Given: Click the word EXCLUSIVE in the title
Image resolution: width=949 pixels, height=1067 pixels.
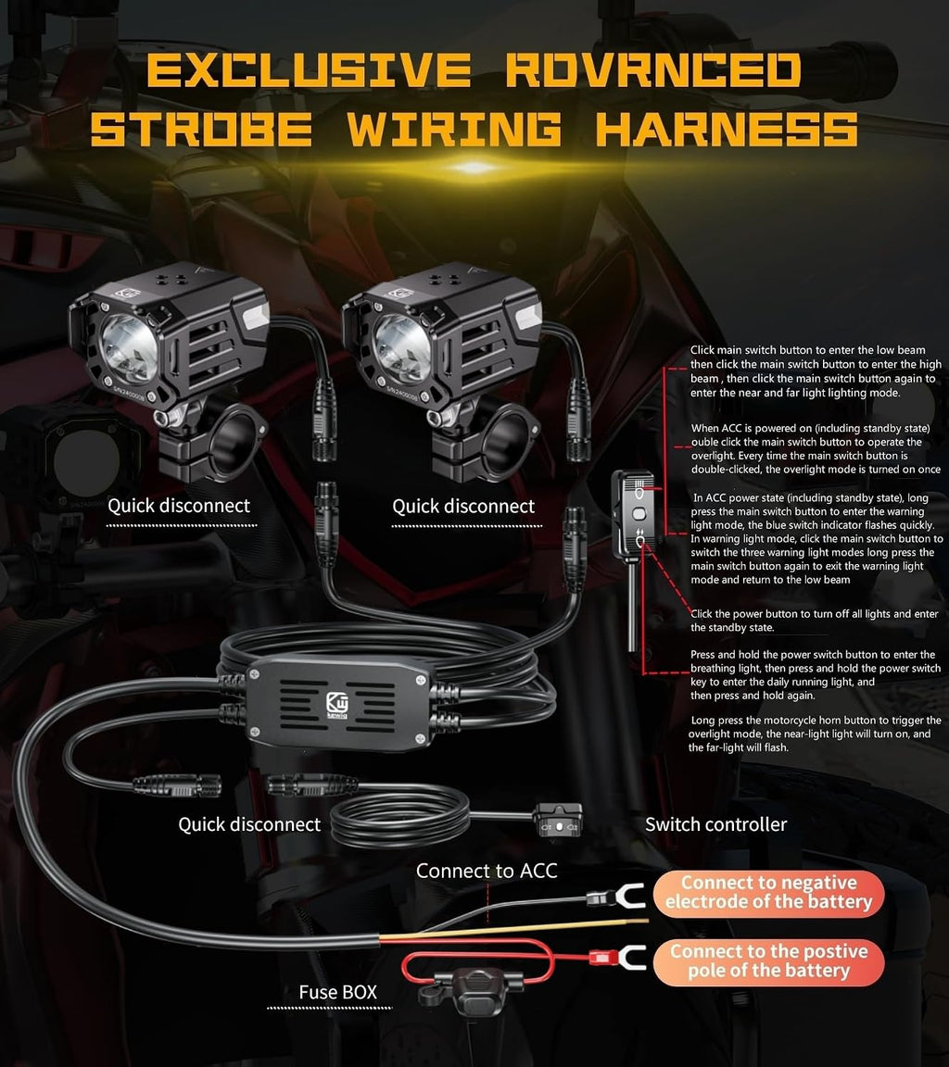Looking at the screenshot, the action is click(309, 69).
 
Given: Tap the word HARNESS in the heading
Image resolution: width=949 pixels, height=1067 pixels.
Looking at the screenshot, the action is click(727, 129).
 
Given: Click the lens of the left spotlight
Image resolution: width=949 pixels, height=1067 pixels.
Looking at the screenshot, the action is click(128, 348).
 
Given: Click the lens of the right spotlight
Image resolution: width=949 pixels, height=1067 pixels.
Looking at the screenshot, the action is click(401, 348).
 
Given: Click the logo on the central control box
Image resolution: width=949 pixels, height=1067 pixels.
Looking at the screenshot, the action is click(337, 705).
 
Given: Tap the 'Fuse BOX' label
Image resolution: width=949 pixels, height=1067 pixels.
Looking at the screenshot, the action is click(337, 992).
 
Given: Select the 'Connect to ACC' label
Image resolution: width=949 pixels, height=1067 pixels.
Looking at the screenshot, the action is click(486, 871).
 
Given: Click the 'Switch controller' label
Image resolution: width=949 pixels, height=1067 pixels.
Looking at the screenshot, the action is click(715, 824).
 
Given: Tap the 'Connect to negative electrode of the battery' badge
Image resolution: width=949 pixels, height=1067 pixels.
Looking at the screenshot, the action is click(768, 893).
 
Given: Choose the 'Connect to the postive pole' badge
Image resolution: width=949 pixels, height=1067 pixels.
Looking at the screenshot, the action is click(768, 961).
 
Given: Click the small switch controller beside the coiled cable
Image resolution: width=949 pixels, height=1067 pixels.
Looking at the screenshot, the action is click(558, 820).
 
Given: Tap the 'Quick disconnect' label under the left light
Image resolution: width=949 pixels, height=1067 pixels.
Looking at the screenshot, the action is click(179, 507).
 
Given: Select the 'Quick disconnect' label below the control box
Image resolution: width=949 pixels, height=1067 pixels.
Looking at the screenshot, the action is click(249, 824).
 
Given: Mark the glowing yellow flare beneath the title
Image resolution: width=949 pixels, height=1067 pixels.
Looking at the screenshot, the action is click(475, 167).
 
